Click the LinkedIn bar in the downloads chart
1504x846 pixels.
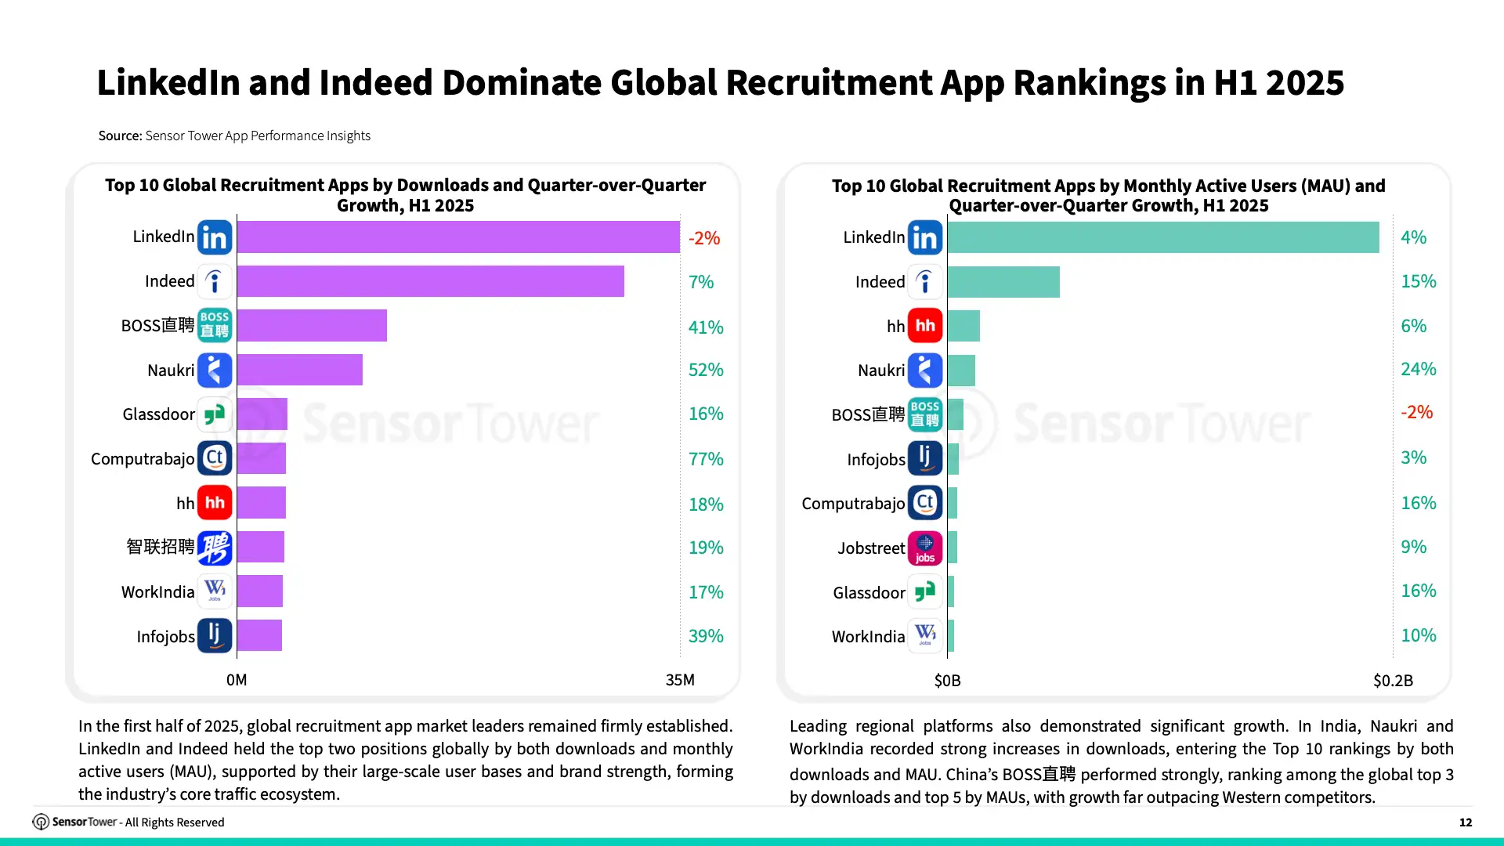point(458,237)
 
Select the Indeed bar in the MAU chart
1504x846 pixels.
point(1003,282)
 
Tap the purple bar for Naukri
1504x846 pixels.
point(300,370)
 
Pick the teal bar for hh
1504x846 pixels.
point(963,326)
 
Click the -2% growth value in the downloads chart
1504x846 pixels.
point(704,238)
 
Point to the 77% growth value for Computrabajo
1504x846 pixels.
point(706,459)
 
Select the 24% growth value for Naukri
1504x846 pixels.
point(1419,369)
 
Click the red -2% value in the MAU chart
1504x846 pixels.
point(1417,412)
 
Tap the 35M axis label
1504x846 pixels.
point(680,680)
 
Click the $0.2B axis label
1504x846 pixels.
point(1393,681)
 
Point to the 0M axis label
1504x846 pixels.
point(237,680)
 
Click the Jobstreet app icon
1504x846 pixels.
point(925,548)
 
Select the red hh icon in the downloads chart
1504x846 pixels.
point(215,503)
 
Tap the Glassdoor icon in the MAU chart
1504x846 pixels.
point(925,592)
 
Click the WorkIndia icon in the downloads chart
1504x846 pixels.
point(215,591)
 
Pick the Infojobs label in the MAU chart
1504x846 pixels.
point(876,460)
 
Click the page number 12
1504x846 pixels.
point(1466,822)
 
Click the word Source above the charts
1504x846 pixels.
point(120,136)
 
